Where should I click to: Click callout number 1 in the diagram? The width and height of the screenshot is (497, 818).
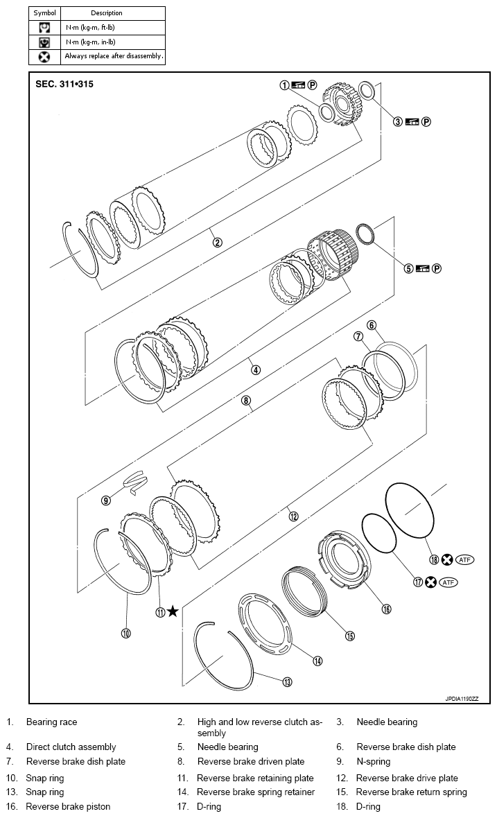pyautogui.click(x=284, y=85)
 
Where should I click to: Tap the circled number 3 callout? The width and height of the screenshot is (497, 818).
pyautogui.click(x=398, y=121)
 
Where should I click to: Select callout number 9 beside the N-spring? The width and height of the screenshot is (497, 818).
pyautogui.click(x=106, y=500)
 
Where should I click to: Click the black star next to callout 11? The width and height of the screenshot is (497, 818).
pyautogui.click(x=173, y=611)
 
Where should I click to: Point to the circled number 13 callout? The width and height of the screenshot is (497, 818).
pyautogui.click(x=287, y=682)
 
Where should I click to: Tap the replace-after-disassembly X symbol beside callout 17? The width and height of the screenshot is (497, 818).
pyautogui.click(x=430, y=582)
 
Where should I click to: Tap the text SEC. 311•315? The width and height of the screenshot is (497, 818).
pyautogui.click(x=64, y=85)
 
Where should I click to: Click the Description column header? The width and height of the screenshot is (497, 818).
pyautogui.click(x=106, y=12)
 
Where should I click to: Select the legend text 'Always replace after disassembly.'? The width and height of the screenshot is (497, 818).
pyautogui.click(x=114, y=56)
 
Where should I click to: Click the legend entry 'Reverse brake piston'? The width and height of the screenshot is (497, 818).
pyautogui.click(x=68, y=806)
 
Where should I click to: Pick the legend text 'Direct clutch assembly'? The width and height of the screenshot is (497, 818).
pyautogui.click(x=71, y=747)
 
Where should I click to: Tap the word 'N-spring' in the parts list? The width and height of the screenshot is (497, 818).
pyautogui.click(x=374, y=762)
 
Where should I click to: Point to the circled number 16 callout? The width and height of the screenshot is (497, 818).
pyautogui.click(x=386, y=609)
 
